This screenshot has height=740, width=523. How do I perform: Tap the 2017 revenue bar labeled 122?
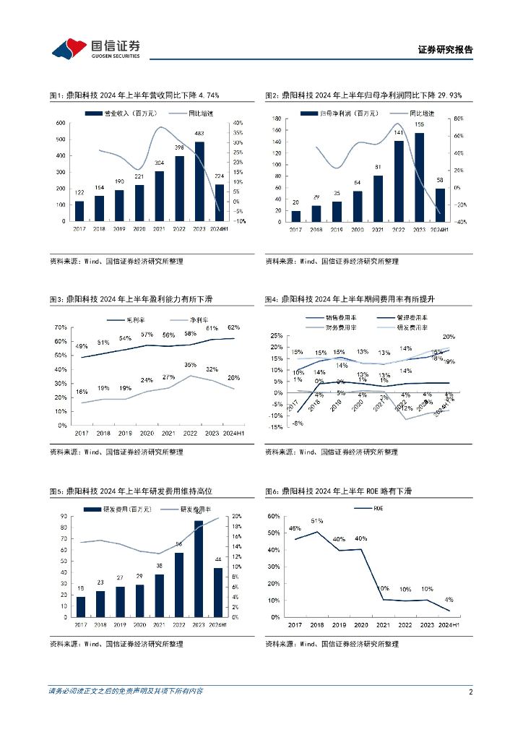pos(79,211)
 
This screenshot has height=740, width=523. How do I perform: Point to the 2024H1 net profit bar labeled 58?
pos(439,205)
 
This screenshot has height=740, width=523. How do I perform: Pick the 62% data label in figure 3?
pos(234,327)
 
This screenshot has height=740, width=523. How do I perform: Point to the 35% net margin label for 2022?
pos(190,365)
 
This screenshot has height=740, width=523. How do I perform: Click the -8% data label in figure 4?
pos(297,423)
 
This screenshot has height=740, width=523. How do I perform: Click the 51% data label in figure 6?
pos(316,521)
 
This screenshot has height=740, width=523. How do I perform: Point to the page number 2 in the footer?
pos(470,692)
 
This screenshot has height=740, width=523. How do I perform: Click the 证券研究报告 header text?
pos(445,50)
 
